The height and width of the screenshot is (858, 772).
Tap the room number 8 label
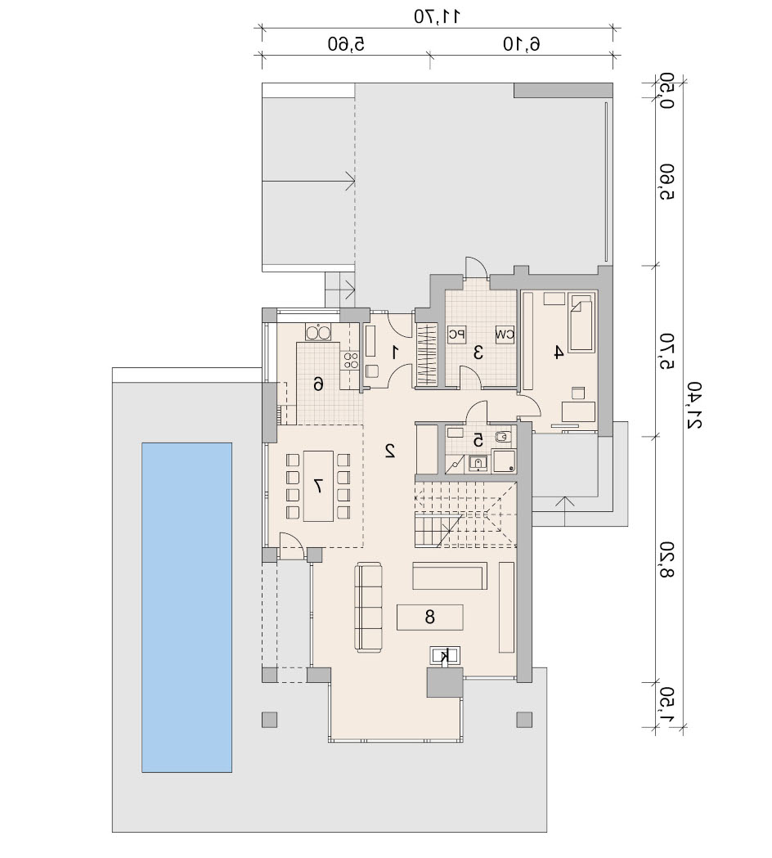(430, 618)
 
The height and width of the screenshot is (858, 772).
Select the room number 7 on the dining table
(318, 485)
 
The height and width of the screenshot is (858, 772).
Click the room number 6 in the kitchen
(318, 384)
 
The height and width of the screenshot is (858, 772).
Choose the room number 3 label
(478, 353)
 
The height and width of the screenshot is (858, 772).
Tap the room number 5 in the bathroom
(478, 439)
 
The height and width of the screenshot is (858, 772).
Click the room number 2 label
(390, 451)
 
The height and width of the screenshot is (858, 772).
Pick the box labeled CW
(505, 334)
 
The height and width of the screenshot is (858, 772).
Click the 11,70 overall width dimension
(437, 16)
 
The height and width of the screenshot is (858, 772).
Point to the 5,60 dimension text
(346, 44)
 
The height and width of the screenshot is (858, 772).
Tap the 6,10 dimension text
(522, 44)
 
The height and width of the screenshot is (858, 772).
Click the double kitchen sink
(318, 333)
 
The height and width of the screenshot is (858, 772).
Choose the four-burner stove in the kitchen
(350, 361)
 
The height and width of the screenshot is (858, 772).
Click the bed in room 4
(581, 322)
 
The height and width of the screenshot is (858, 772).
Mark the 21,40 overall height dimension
(693, 405)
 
